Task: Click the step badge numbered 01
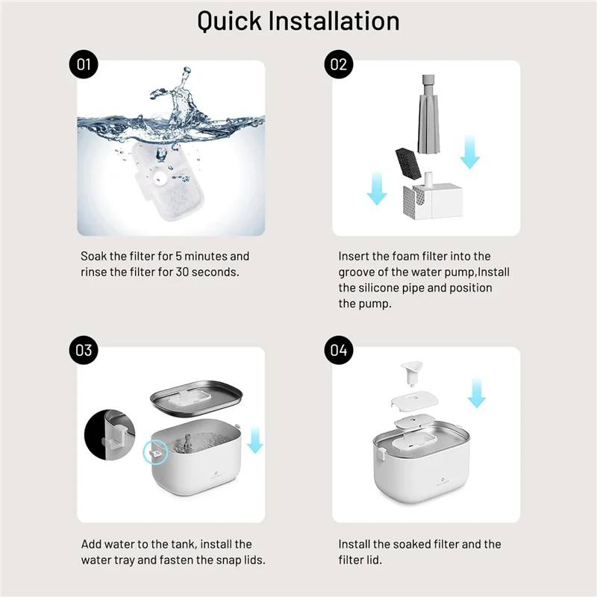[84, 64]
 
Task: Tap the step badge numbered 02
[339, 64]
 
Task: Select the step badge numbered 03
[84, 350]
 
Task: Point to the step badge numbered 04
[339, 350]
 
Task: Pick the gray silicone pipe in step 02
[428, 114]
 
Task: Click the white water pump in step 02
[433, 196]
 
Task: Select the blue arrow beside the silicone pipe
[469, 151]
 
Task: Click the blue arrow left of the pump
[377, 188]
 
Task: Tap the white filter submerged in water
[167, 181]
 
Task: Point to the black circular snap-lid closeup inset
[110, 435]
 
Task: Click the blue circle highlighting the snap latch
[155, 452]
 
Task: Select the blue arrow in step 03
[255, 440]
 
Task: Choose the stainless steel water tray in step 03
[196, 399]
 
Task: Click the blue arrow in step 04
[476, 393]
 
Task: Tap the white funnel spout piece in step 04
[412, 372]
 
